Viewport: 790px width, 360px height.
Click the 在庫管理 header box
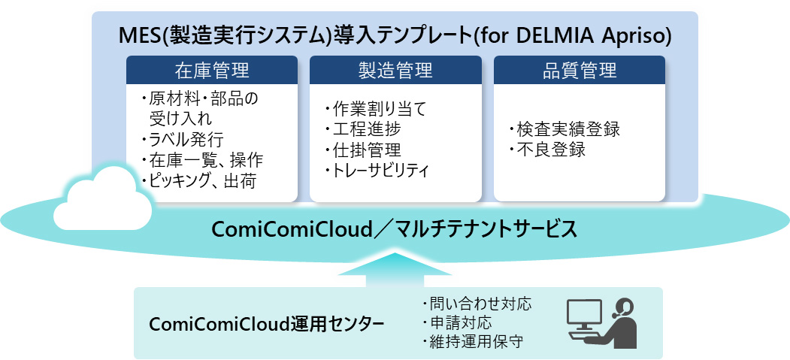pyautogui.click(x=211, y=71)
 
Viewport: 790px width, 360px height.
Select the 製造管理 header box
pyautogui.click(x=395, y=71)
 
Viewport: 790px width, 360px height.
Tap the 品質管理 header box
pyautogui.click(x=579, y=71)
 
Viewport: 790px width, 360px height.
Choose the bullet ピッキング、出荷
pyautogui.click(x=201, y=180)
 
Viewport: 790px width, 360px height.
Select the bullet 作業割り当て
pyautogui.click(x=375, y=110)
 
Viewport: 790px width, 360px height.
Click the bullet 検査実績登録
pyautogui.click(x=564, y=129)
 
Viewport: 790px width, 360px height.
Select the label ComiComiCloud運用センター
pyautogui.click(x=267, y=324)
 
